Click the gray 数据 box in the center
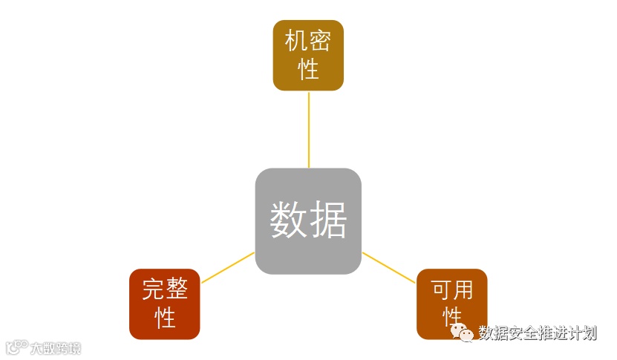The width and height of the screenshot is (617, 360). (308, 221)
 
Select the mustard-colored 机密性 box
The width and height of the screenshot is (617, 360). (308, 56)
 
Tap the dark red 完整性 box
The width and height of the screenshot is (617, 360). (165, 304)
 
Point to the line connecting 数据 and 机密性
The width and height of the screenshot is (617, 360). (308, 130)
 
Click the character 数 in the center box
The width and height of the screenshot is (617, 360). (288, 220)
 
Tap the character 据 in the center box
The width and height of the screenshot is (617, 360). (327, 220)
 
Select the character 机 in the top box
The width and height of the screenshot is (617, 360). (296, 41)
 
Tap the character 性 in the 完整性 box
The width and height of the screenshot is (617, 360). (165, 318)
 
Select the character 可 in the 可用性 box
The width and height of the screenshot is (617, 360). (440, 288)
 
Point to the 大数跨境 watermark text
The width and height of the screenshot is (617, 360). (54, 348)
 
